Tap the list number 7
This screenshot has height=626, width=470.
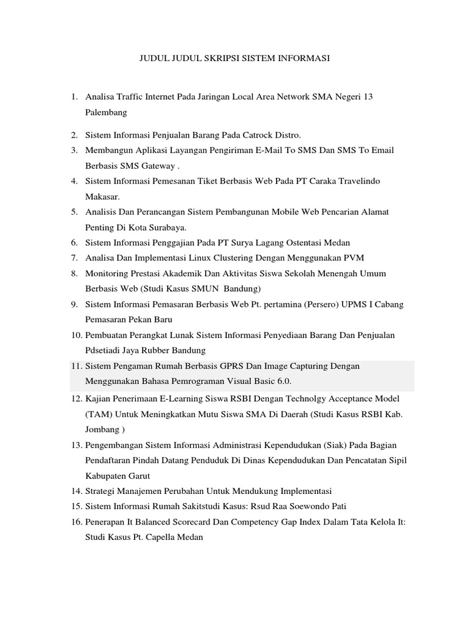[x=73, y=257]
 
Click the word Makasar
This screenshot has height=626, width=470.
[x=103, y=197]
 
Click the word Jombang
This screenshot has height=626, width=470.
[x=104, y=429]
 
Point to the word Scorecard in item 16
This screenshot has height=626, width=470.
[x=185, y=521]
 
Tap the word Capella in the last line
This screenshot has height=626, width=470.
[x=159, y=537]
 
